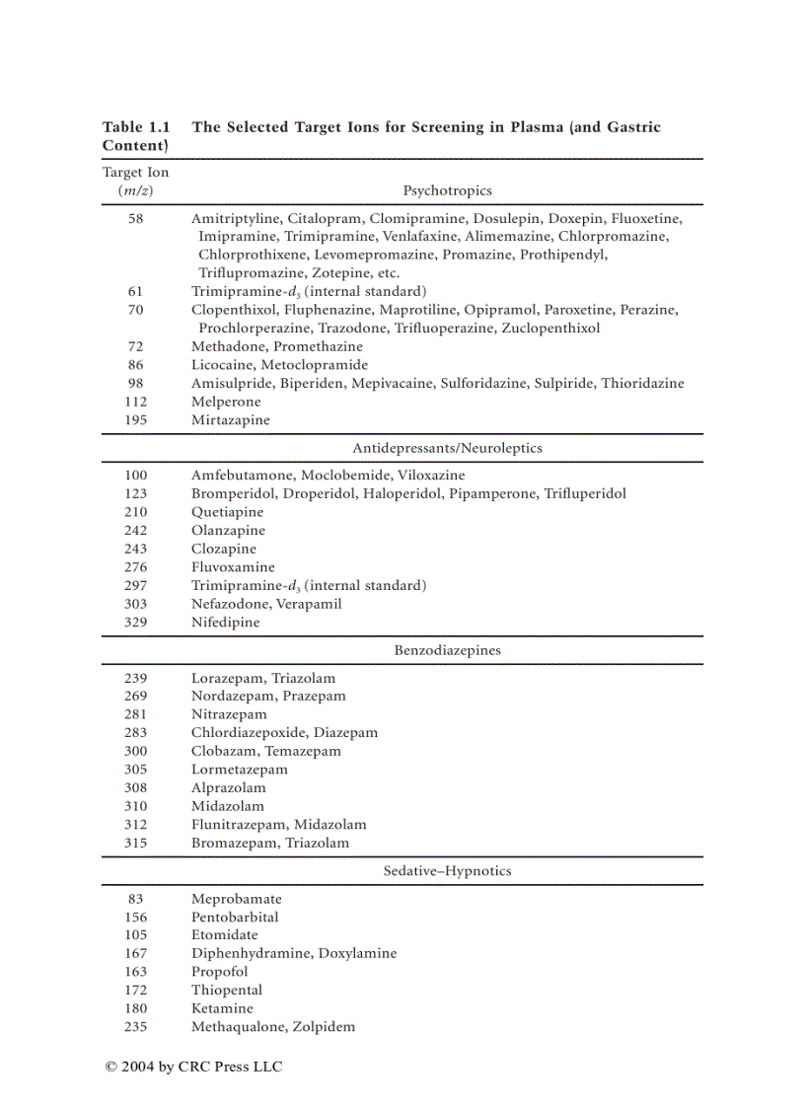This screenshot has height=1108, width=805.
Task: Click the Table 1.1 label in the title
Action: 136,127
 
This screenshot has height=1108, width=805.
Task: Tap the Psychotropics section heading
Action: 447,190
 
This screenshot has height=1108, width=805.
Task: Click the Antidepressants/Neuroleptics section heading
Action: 447,448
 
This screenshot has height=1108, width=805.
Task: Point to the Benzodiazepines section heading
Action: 447,650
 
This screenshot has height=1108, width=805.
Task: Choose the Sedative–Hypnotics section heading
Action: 447,871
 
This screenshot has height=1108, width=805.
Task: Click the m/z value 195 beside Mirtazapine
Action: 135,420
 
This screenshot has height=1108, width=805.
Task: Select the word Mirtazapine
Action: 231,420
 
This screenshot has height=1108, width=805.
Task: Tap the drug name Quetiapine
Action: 228,512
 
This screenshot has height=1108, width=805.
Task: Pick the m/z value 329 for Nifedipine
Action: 135,623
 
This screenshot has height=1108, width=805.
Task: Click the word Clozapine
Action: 224,549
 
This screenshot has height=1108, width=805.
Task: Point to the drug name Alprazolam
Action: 228,788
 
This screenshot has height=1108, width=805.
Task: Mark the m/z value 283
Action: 135,733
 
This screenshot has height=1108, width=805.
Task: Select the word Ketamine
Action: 222,1008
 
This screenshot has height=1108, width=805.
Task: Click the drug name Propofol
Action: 220,972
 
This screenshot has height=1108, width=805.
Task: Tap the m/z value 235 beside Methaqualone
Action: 135,1027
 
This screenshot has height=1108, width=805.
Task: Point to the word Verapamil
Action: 309,604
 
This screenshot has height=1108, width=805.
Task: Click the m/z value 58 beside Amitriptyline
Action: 135,219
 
